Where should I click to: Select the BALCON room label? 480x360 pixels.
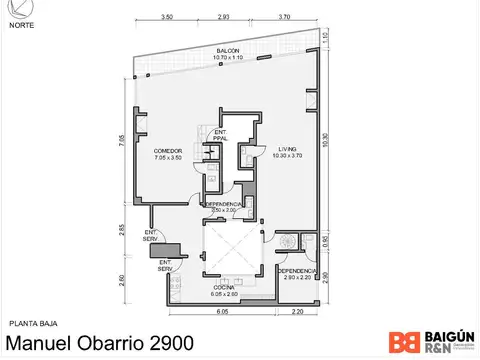(x=227, y=53)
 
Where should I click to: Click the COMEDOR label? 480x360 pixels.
(x=153, y=152)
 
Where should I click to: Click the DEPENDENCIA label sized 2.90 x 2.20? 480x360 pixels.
(x=297, y=273)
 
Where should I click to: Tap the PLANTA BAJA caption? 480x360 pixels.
(x=30, y=323)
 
